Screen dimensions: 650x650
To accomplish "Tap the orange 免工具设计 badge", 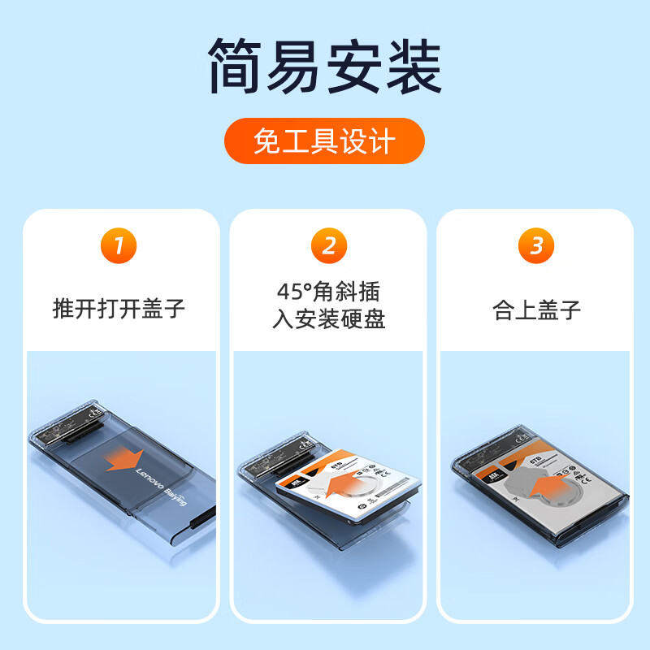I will [324, 141].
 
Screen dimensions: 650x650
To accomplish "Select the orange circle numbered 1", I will [119, 246].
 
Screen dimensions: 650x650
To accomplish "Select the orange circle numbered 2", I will [328, 246].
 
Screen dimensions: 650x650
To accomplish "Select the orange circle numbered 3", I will [536, 246].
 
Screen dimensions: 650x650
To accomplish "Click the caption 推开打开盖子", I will [119, 310].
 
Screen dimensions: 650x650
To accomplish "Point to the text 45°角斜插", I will [328, 291].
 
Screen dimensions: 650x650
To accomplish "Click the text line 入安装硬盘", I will [328, 319].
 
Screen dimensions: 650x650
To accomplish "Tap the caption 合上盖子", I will [536, 310].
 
